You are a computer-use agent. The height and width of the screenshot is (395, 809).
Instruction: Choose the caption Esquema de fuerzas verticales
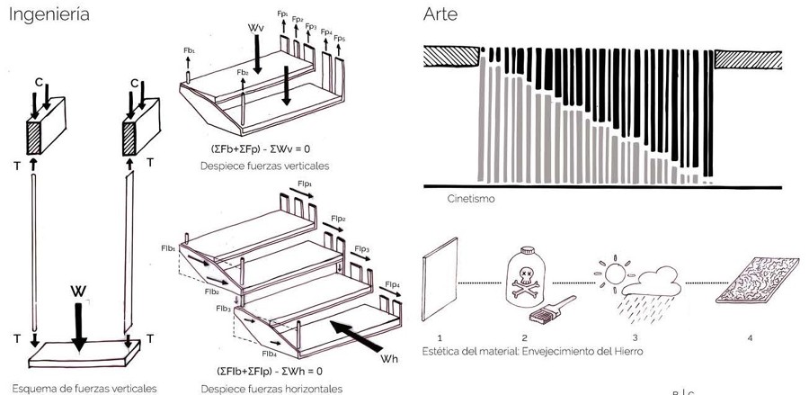click(80, 388)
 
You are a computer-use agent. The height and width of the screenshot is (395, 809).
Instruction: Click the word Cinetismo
click(470, 200)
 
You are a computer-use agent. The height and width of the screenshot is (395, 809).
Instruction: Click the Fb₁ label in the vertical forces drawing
click(189, 51)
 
